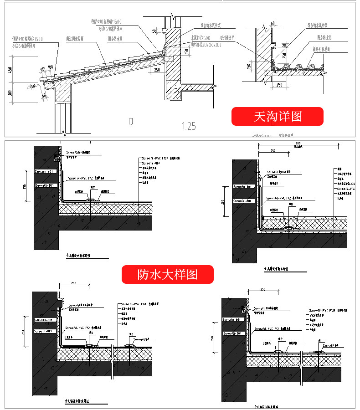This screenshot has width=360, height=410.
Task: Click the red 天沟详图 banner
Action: [277, 116]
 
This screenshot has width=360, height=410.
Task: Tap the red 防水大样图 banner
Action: [167, 274]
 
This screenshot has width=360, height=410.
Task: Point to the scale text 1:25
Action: [189, 126]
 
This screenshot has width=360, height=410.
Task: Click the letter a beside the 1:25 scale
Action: [131, 121]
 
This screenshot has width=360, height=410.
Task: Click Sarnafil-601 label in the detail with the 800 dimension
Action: [242, 186]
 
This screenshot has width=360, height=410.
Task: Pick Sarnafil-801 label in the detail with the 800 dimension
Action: [242, 200]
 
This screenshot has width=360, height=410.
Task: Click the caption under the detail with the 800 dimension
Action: [278, 269]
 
